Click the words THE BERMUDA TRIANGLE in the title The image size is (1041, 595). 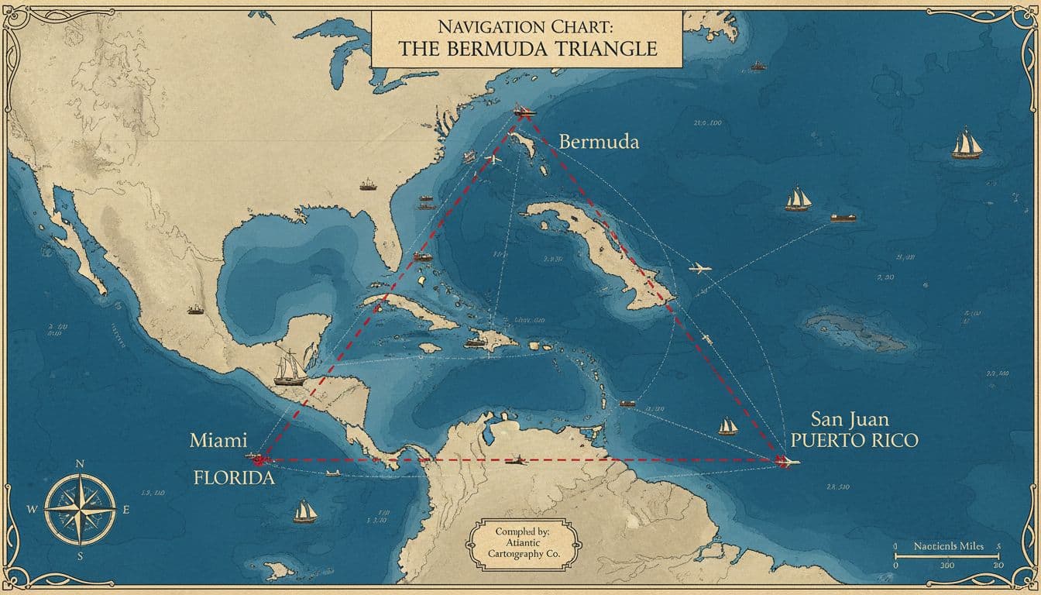point(527,49)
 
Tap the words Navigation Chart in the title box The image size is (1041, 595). point(527,26)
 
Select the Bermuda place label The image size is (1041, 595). point(599,143)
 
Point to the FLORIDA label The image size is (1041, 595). point(233,477)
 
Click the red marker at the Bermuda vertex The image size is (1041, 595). point(524,112)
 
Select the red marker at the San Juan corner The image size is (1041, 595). point(784,461)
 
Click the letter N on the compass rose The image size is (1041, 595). point(80,464)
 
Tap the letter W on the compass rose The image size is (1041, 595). point(32,510)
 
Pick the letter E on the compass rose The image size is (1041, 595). point(126,510)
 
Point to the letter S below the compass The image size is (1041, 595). point(80,555)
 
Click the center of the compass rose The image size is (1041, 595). point(80,509)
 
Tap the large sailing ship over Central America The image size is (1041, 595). point(291,368)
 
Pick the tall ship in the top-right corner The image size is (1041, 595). point(966,144)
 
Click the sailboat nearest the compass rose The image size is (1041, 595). point(305,511)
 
